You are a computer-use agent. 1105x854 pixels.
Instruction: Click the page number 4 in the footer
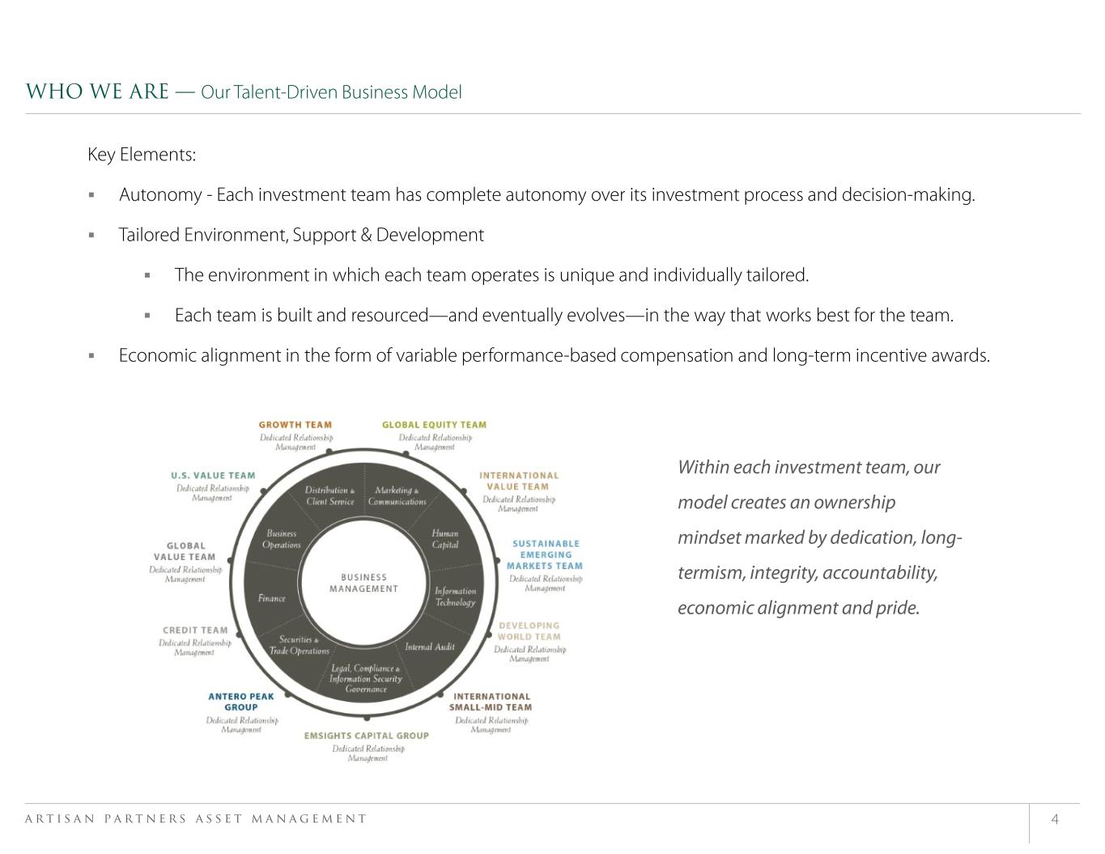click(1055, 819)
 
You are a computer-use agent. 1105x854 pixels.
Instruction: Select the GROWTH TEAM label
click(295, 424)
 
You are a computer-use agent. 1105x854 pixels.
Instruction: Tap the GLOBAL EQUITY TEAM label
click(434, 424)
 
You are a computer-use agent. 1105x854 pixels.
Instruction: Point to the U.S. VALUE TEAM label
click(213, 476)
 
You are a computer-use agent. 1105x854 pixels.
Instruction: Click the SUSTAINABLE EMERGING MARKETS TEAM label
click(544, 554)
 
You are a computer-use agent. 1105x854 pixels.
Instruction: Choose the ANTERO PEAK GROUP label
click(241, 701)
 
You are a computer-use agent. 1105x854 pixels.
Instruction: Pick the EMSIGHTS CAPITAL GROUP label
click(367, 736)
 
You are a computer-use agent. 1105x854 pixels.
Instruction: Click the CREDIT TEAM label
click(195, 631)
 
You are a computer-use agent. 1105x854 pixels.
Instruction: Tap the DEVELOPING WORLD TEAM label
click(529, 631)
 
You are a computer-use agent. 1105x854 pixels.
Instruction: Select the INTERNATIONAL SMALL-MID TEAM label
click(491, 701)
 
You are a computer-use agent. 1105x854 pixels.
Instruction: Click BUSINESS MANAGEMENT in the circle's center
click(363, 583)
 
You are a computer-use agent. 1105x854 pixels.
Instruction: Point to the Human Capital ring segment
click(444, 539)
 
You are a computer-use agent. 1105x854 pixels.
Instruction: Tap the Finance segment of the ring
click(272, 598)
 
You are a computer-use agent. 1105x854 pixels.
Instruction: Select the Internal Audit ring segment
click(430, 647)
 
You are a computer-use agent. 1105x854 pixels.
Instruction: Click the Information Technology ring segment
click(455, 597)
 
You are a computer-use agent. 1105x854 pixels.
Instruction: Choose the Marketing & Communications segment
click(397, 496)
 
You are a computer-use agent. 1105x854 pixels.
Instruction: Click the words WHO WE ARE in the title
click(97, 91)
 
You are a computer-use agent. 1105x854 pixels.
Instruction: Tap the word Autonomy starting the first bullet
click(160, 195)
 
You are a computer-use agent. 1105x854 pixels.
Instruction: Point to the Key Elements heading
click(142, 155)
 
